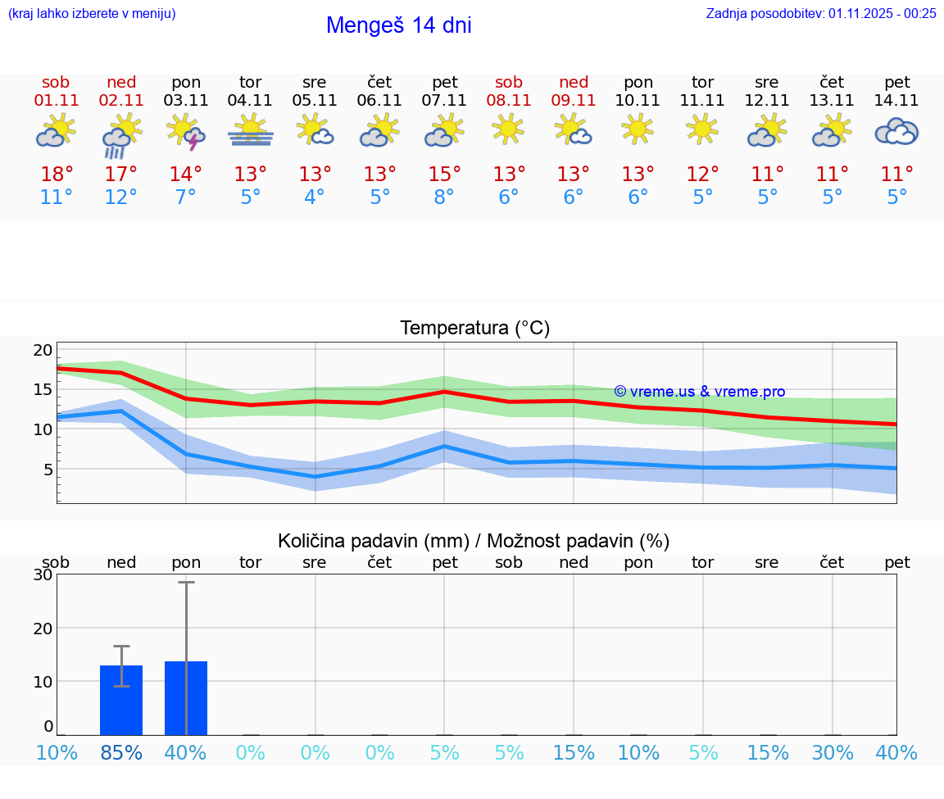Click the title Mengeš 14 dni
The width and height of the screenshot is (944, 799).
click(398, 25)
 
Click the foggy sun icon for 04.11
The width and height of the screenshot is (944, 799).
click(251, 131)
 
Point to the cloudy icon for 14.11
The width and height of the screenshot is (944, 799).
click(896, 131)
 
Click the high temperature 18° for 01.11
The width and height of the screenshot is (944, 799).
click(57, 175)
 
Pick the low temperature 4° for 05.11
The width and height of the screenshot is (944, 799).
click(315, 197)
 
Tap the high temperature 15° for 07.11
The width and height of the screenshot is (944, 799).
click(444, 175)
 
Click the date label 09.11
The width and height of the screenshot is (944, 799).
click(574, 101)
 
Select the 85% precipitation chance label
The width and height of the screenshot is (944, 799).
click(121, 752)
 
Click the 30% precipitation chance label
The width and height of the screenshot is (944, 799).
click(833, 752)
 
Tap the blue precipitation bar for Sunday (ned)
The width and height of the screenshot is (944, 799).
click(121, 700)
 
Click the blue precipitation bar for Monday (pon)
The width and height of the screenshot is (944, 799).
click(186, 698)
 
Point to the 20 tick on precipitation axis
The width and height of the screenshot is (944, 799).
click(43, 628)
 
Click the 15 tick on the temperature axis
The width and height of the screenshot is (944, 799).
click(43, 389)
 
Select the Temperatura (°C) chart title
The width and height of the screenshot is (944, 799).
click(475, 328)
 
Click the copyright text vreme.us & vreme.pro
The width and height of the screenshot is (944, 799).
click(700, 392)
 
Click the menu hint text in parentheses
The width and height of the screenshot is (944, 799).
click(92, 13)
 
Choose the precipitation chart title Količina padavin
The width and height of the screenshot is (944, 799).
click(474, 541)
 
